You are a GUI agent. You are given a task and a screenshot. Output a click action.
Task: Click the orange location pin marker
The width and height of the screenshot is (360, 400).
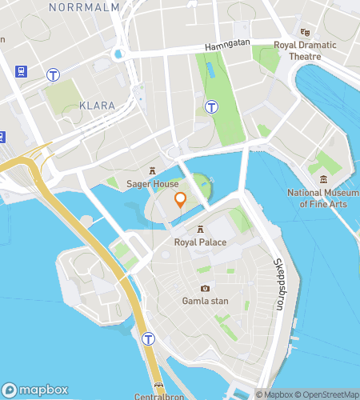click(x=180, y=200)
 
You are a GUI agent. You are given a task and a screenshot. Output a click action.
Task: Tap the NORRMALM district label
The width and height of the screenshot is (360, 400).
click(x=84, y=7)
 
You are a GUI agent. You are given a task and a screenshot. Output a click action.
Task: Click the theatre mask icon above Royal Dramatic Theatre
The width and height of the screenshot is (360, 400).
click(x=304, y=32)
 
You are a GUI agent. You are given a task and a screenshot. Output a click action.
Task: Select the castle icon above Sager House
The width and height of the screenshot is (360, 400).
click(x=151, y=170)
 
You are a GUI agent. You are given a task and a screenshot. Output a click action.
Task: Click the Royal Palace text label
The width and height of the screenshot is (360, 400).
click(x=200, y=242)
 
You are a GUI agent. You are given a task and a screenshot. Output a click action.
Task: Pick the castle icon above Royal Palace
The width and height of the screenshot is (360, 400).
click(x=200, y=229)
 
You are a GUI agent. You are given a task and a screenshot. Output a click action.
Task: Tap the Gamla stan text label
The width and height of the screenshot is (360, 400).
click(x=205, y=301)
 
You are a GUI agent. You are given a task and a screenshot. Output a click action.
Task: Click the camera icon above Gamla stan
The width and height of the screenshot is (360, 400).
click(x=205, y=288)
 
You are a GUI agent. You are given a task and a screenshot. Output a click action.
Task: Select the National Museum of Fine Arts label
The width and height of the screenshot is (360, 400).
click(x=323, y=198)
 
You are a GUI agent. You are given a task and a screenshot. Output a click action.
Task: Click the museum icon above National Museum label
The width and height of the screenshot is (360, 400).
click(x=323, y=179)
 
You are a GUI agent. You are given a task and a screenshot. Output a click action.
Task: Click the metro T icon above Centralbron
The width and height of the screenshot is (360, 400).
click(x=149, y=339)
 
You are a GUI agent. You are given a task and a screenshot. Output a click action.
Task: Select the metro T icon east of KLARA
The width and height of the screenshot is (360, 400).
click(x=212, y=106)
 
